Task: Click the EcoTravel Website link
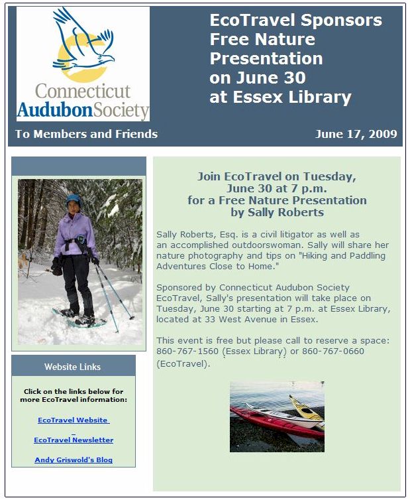(x=74, y=420)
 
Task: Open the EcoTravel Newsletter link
(x=74, y=440)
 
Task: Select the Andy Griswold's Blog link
(x=74, y=460)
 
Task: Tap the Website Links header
(x=73, y=367)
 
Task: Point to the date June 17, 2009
(x=356, y=134)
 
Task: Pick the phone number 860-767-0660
(x=333, y=351)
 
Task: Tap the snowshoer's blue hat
(x=74, y=200)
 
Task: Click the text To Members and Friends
(x=86, y=134)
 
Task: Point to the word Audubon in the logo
(x=55, y=110)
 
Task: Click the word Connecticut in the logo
(x=83, y=92)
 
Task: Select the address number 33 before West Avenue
(x=211, y=319)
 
